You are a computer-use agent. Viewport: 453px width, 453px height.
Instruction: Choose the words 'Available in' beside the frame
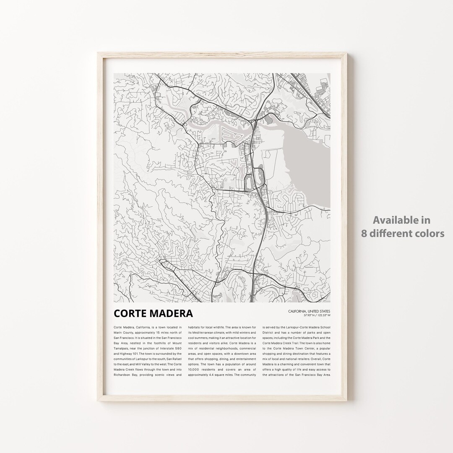(x=402, y=220)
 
